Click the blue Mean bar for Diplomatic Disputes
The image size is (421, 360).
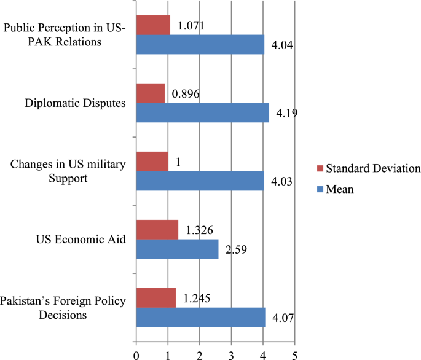coord(202,112)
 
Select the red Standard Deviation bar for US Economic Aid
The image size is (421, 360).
coord(157,229)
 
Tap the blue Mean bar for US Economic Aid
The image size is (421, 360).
coord(177,249)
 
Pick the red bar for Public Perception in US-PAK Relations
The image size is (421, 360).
coord(152,25)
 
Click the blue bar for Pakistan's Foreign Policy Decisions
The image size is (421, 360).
coord(200,317)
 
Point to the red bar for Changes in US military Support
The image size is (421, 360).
coord(151,161)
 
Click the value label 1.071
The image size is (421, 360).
coord(191,26)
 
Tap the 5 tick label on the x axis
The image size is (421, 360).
coord(295,354)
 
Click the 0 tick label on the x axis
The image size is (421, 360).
coord(136,354)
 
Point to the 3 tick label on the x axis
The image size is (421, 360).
coord(232,354)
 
